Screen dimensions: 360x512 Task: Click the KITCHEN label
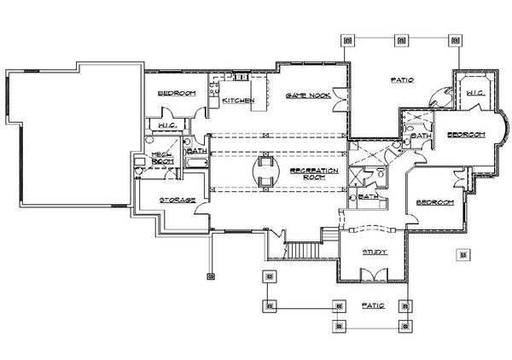coord(239,101)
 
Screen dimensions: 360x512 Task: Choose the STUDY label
coord(375,253)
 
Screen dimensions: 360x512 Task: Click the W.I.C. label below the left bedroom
coord(167,126)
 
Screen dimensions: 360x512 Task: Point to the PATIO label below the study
coord(374,305)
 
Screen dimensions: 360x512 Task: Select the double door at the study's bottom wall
coord(373,275)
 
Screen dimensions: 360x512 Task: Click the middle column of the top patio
coord(401,38)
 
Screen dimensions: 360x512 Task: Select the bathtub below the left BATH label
coord(195,160)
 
